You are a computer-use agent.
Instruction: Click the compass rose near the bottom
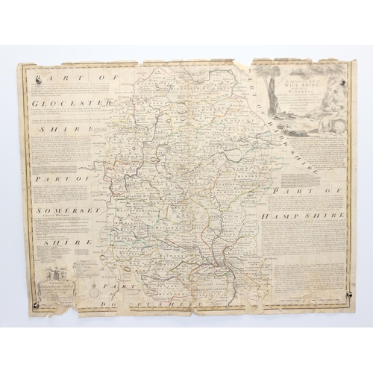(94, 284)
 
